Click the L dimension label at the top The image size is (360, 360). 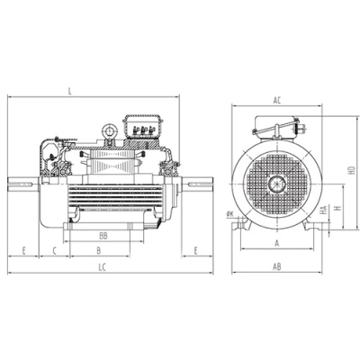point(70,91)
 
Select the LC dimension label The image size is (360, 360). point(103,267)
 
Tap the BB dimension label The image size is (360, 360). point(103,236)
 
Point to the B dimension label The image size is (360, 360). point(99,251)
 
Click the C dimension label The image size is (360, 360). point(55,251)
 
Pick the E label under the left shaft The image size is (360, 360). point(24,251)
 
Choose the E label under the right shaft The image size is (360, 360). point(196,251)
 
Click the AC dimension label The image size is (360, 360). point(277,101)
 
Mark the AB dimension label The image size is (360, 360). point(277,266)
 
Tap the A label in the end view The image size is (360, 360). point(277,243)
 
